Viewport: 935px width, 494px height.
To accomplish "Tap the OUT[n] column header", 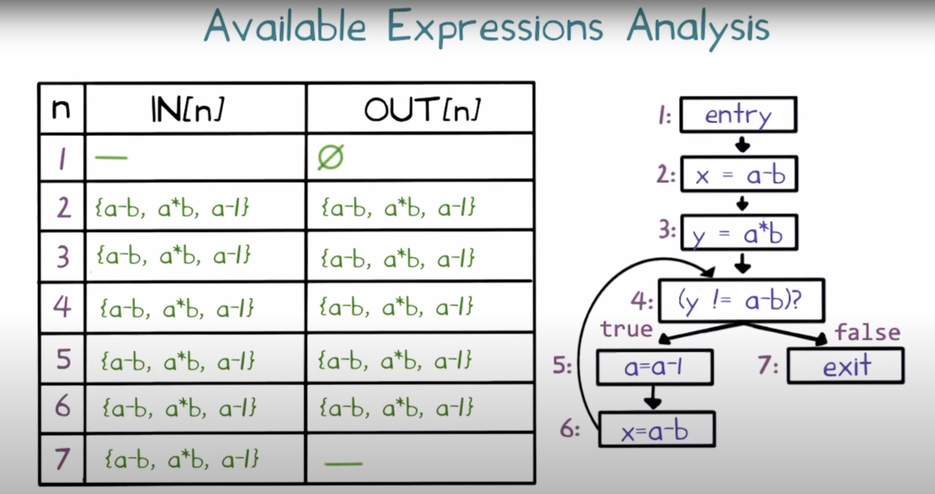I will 422,110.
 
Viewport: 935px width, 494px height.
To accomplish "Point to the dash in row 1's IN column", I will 111,157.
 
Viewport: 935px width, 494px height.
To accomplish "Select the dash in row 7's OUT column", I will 343,463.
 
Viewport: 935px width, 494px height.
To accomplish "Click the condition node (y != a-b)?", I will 741,300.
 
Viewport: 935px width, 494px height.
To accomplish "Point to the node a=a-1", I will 654,367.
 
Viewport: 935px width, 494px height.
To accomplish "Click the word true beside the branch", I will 627,329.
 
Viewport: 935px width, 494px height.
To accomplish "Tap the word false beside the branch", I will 867,332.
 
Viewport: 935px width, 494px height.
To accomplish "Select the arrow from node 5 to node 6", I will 653,398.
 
